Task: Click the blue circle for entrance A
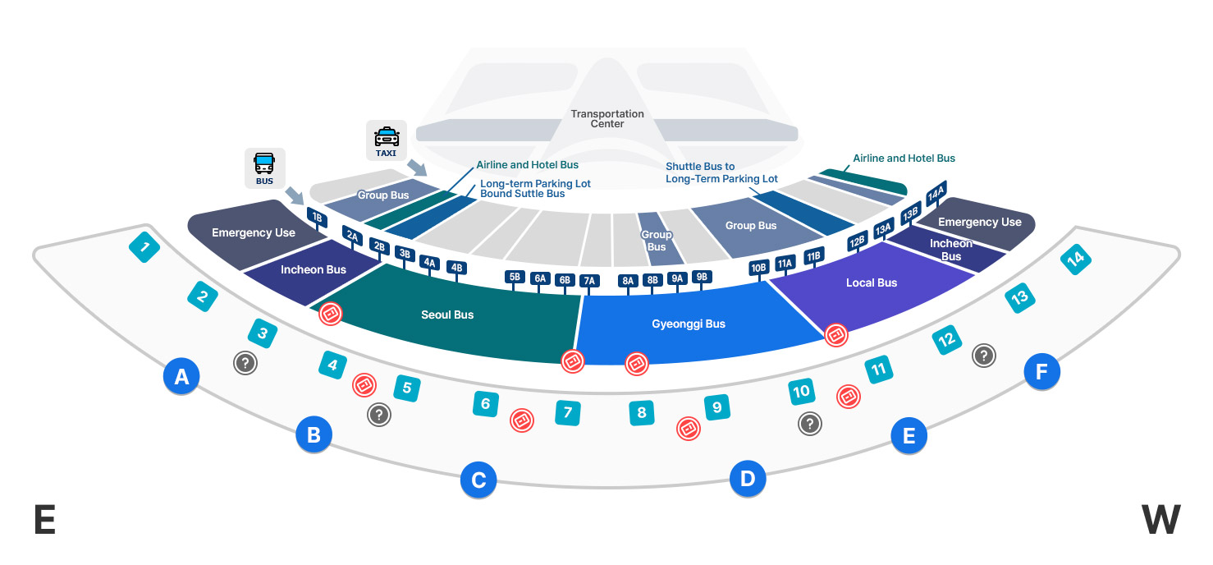(182, 376)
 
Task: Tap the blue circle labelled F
(1041, 372)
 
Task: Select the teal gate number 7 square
(567, 412)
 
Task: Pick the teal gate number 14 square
(1075, 260)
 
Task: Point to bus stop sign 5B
(515, 277)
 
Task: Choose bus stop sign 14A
(936, 194)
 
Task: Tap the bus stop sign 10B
(758, 268)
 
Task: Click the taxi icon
(387, 141)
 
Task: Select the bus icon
(264, 168)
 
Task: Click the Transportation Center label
(607, 119)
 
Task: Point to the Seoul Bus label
(447, 315)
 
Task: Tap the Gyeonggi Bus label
(689, 324)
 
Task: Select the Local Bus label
(872, 282)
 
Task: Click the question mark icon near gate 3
(245, 362)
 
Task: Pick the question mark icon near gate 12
(983, 355)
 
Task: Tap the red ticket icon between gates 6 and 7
(522, 420)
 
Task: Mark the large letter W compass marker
(1160, 520)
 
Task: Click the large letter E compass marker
(44, 520)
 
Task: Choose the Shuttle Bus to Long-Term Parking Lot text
(721, 172)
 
